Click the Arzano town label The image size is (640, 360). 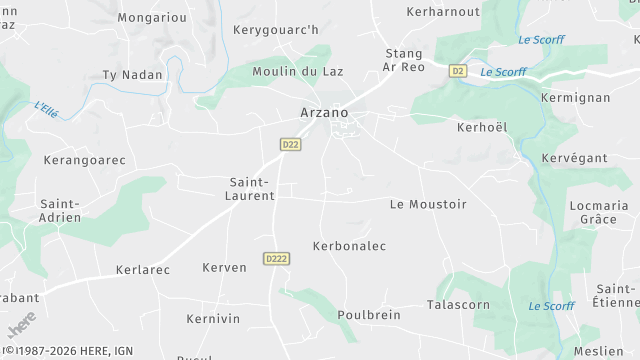[325, 113]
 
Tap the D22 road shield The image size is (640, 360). [290, 144]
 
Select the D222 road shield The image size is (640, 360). [277, 258]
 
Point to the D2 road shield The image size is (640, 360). [458, 71]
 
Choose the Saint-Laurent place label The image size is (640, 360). [252, 189]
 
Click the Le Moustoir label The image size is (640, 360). [428, 204]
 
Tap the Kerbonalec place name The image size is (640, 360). [349, 245]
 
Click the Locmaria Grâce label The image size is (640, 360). [598, 211]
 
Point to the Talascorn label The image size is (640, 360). [458, 304]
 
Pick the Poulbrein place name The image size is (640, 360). [369, 314]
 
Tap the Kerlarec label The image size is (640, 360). [142, 270]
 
